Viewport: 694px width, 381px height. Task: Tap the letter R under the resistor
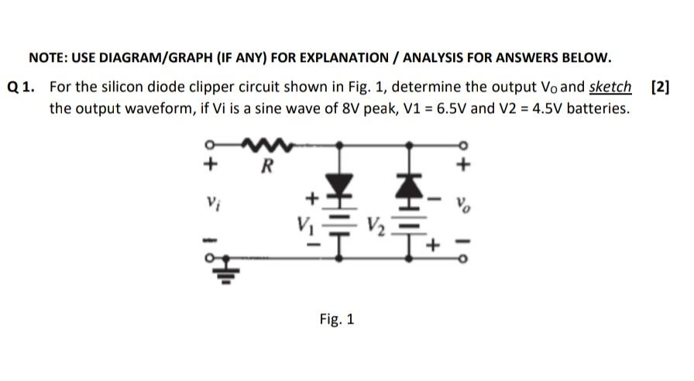pos(266,165)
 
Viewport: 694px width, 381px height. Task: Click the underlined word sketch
pos(610,86)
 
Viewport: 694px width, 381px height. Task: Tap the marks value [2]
pos(660,86)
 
